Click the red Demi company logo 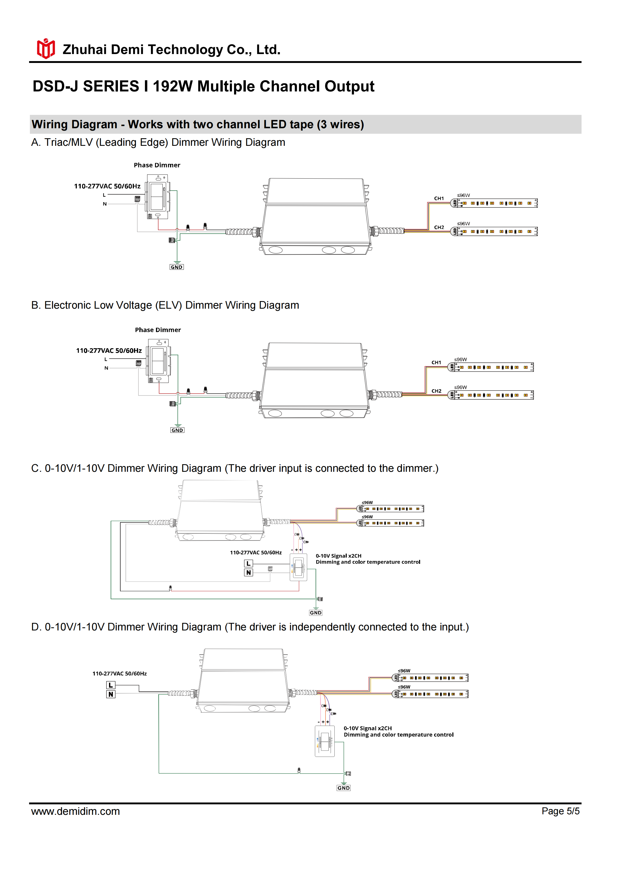(x=46, y=49)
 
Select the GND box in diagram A (x=176, y=267)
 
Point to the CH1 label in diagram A (x=439, y=199)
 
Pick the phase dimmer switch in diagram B (x=158, y=361)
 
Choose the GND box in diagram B (x=177, y=430)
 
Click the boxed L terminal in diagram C (x=249, y=563)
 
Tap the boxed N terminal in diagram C (x=249, y=573)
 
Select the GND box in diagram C (x=316, y=613)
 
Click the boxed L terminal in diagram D (x=111, y=685)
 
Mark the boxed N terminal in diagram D (x=111, y=694)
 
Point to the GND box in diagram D (x=344, y=788)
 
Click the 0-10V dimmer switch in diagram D (x=324, y=741)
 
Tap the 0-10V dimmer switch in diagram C (x=298, y=567)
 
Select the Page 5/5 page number (x=560, y=811)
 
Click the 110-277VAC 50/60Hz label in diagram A (x=107, y=186)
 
